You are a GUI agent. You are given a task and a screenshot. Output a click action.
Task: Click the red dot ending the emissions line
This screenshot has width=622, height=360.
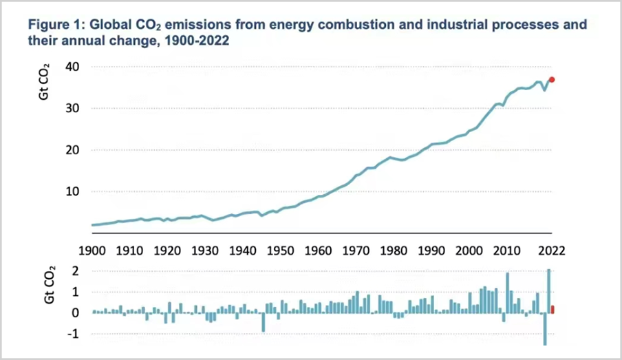coord(552,80)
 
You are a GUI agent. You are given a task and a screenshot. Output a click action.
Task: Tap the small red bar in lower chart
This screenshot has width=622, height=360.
coord(552,309)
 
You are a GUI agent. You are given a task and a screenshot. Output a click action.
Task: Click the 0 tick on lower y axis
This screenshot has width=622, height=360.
coord(76,313)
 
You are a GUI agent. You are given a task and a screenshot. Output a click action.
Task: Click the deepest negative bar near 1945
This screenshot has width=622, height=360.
coord(264,322)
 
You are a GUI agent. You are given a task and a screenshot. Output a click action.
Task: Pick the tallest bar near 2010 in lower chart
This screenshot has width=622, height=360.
coord(507,293)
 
